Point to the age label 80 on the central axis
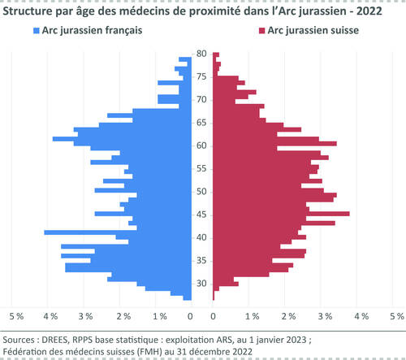(x=201, y=54)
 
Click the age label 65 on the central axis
(x=201, y=123)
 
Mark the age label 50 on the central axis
(x=201, y=192)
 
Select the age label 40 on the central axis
(x=201, y=237)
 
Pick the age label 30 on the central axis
(x=201, y=284)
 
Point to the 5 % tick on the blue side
(x=15, y=314)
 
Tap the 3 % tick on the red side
(x=325, y=314)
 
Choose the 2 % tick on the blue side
(x=123, y=314)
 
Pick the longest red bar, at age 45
(x=281, y=214)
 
